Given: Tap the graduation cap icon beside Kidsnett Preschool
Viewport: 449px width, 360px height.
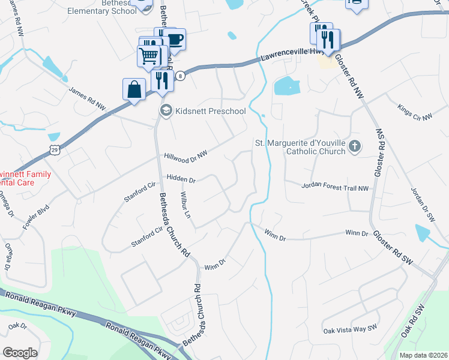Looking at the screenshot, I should tap(165, 110).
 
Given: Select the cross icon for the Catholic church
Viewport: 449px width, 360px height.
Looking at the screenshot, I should tap(355, 146).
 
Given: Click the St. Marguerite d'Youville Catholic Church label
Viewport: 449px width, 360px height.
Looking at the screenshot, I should tap(300, 147).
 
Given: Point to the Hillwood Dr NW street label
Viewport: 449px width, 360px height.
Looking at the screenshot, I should tap(185, 155).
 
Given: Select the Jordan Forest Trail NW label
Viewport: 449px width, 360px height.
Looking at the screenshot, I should tap(334, 187).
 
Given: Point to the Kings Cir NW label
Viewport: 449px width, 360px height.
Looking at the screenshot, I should tap(415, 112).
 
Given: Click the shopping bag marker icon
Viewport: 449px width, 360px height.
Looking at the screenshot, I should tap(134, 89).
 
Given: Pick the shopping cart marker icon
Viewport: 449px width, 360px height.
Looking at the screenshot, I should tap(149, 56).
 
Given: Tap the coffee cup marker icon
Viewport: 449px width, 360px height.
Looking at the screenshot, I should tap(175, 40).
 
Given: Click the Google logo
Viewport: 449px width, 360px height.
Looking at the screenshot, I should tap(20, 352).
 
